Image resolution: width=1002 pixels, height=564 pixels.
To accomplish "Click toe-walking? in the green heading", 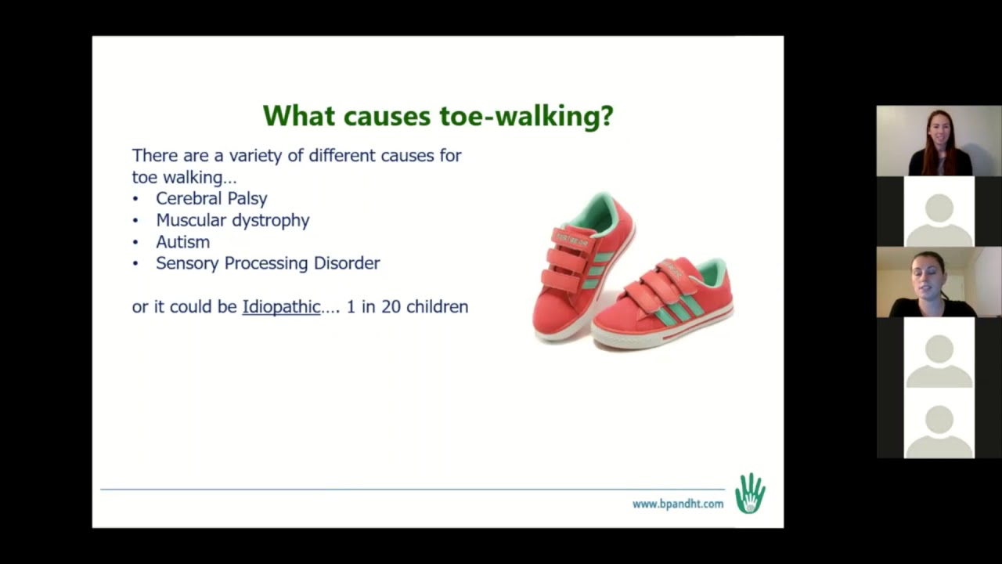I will [x=526, y=116].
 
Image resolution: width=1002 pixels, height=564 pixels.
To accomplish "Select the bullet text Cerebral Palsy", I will [x=211, y=199].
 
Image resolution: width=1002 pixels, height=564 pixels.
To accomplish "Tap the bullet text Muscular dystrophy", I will [x=232, y=220].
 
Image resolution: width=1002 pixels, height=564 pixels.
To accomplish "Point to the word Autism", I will [x=182, y=242].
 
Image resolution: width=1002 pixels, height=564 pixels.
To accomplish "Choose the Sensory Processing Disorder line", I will [x=268, y=263].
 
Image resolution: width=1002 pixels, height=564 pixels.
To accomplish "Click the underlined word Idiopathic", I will [x=281, y=307].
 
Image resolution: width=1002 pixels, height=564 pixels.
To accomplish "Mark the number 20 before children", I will [x=391, y=307].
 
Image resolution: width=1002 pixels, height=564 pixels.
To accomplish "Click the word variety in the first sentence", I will [x=254, y=155].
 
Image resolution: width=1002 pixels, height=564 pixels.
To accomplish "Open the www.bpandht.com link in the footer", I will [x=677, y=504].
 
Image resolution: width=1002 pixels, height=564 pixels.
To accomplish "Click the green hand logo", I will [x=750, y=493].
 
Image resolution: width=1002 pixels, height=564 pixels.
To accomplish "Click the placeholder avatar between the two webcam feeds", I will [x=939, y=211].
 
